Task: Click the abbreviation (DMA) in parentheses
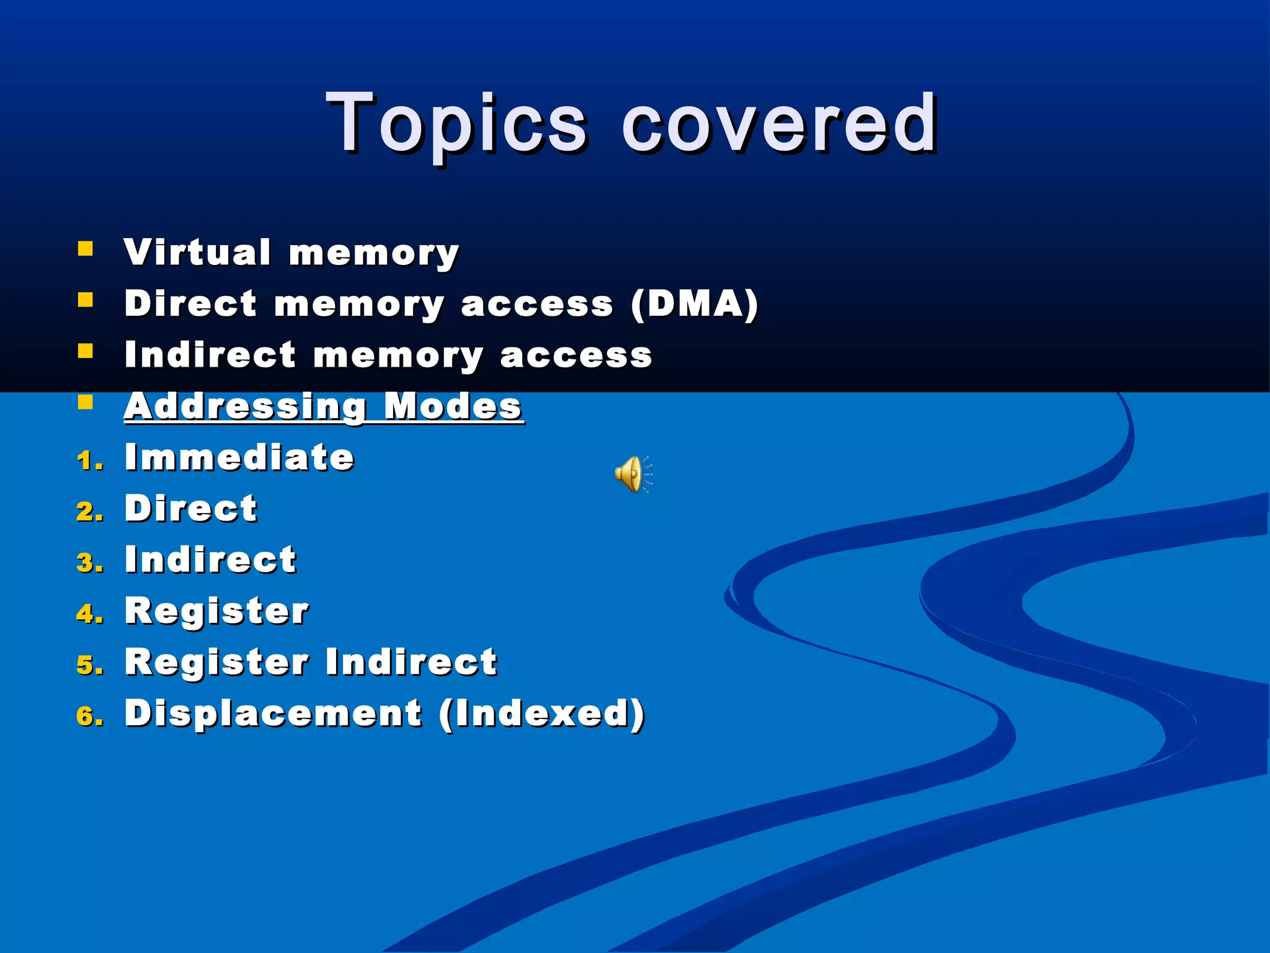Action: (694, 303)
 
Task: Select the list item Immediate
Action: (239, 457)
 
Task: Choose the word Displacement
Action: (273, 713)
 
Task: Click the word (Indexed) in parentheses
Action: (542, 713)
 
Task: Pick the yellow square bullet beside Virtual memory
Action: (86, 249)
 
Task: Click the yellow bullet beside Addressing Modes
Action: (86, 403)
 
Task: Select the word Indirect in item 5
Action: (411, 661)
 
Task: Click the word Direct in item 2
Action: (191, 508)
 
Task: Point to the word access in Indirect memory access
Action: (575, 356)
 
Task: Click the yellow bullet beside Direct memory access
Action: (86, 301)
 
